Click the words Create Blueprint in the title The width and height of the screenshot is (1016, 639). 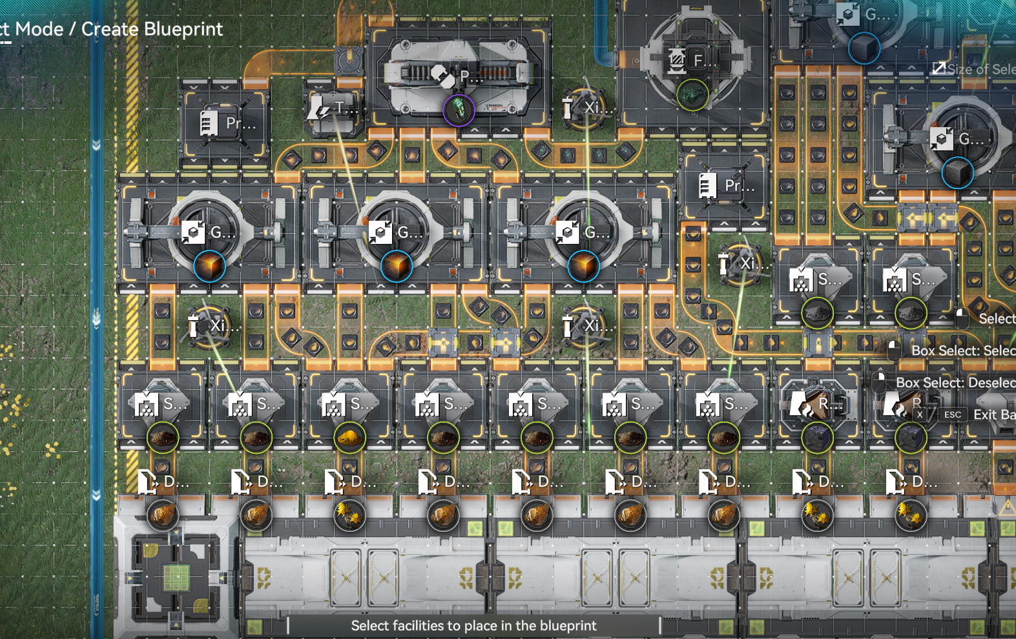152,29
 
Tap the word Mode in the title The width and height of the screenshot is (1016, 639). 39,29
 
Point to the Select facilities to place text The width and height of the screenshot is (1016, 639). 473,625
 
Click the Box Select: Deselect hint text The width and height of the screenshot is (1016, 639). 955,383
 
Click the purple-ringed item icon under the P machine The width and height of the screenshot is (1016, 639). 459,110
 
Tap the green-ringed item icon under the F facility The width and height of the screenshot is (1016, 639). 692,95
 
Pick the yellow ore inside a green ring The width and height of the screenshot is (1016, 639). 349,438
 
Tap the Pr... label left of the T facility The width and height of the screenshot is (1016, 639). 240,123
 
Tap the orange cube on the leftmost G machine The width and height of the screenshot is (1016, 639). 209,266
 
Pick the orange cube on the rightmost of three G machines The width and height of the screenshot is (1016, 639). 583,266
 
